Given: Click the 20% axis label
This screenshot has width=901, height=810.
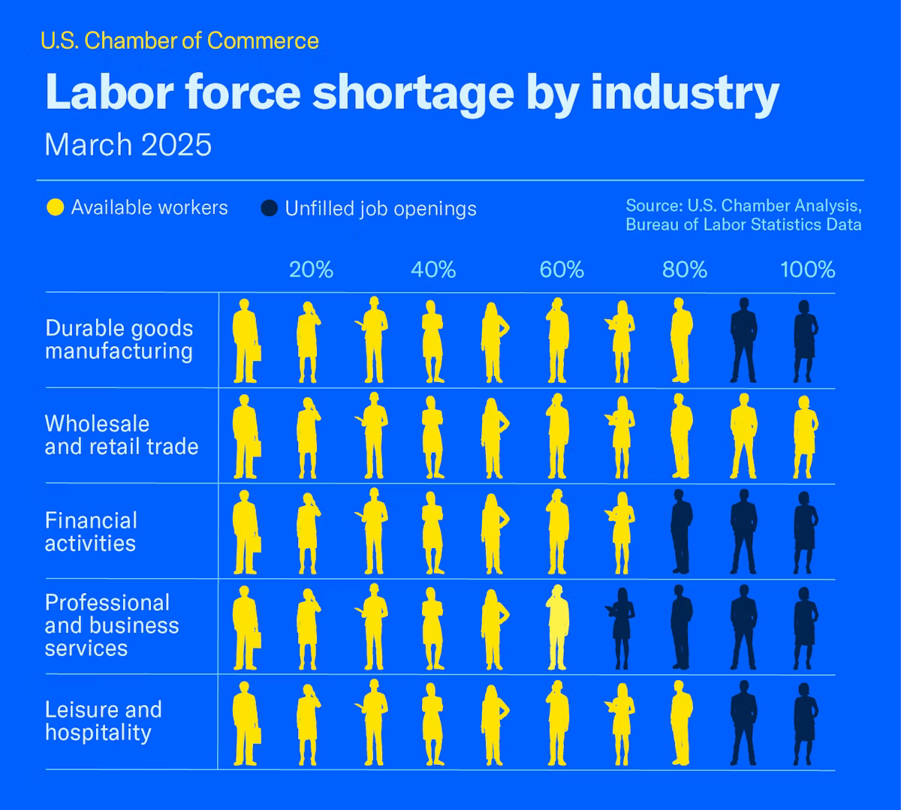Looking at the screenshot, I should pyautogui.click(x=311, y=269).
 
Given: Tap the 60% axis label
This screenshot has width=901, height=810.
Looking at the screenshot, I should pyautogui.click(x=562, y=269).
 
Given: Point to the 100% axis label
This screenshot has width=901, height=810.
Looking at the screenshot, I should pyautogui.click(x=807, y=269).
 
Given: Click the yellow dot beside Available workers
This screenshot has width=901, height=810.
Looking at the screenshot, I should pyautogui.click(x=56, y=208).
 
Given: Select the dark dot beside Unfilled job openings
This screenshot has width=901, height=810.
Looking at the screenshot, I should pyautogui.click(x=269, y=209).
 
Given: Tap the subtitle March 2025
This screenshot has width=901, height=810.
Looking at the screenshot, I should pyautogui.click(x=128, y=144).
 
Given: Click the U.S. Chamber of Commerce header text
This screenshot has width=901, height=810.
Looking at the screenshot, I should pyautogui.click(x=179, y=41).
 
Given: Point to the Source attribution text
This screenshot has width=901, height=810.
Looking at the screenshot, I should pyautogui.click(x=743, y=215).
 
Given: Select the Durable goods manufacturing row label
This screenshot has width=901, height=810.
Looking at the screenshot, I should pyautogui.click(x=119, y=339).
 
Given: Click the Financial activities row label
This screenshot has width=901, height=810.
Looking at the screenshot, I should pyautogui.click(x=91, y=531).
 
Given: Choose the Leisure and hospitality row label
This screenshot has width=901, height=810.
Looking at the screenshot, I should pyautogui.click(x=103, y=721).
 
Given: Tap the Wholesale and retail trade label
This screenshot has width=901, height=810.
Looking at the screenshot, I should pyautogui.click(x=121, y=435).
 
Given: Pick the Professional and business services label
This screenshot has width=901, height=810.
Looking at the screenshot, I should pyautogui.click(x=111, y=625).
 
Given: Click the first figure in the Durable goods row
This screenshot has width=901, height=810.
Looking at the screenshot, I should pyautogui.click(x=244, y=341).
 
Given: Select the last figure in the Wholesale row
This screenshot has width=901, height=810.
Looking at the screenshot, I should pyautogui.click(x=805, y=436).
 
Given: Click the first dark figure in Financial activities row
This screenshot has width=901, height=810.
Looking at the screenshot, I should pyautogui.click(x=680, y=531).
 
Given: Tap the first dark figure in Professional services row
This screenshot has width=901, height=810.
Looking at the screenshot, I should pyautogui.click(x=621, y=627).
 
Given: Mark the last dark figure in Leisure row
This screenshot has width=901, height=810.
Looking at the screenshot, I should pyautogui.click(x=805, y=722).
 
